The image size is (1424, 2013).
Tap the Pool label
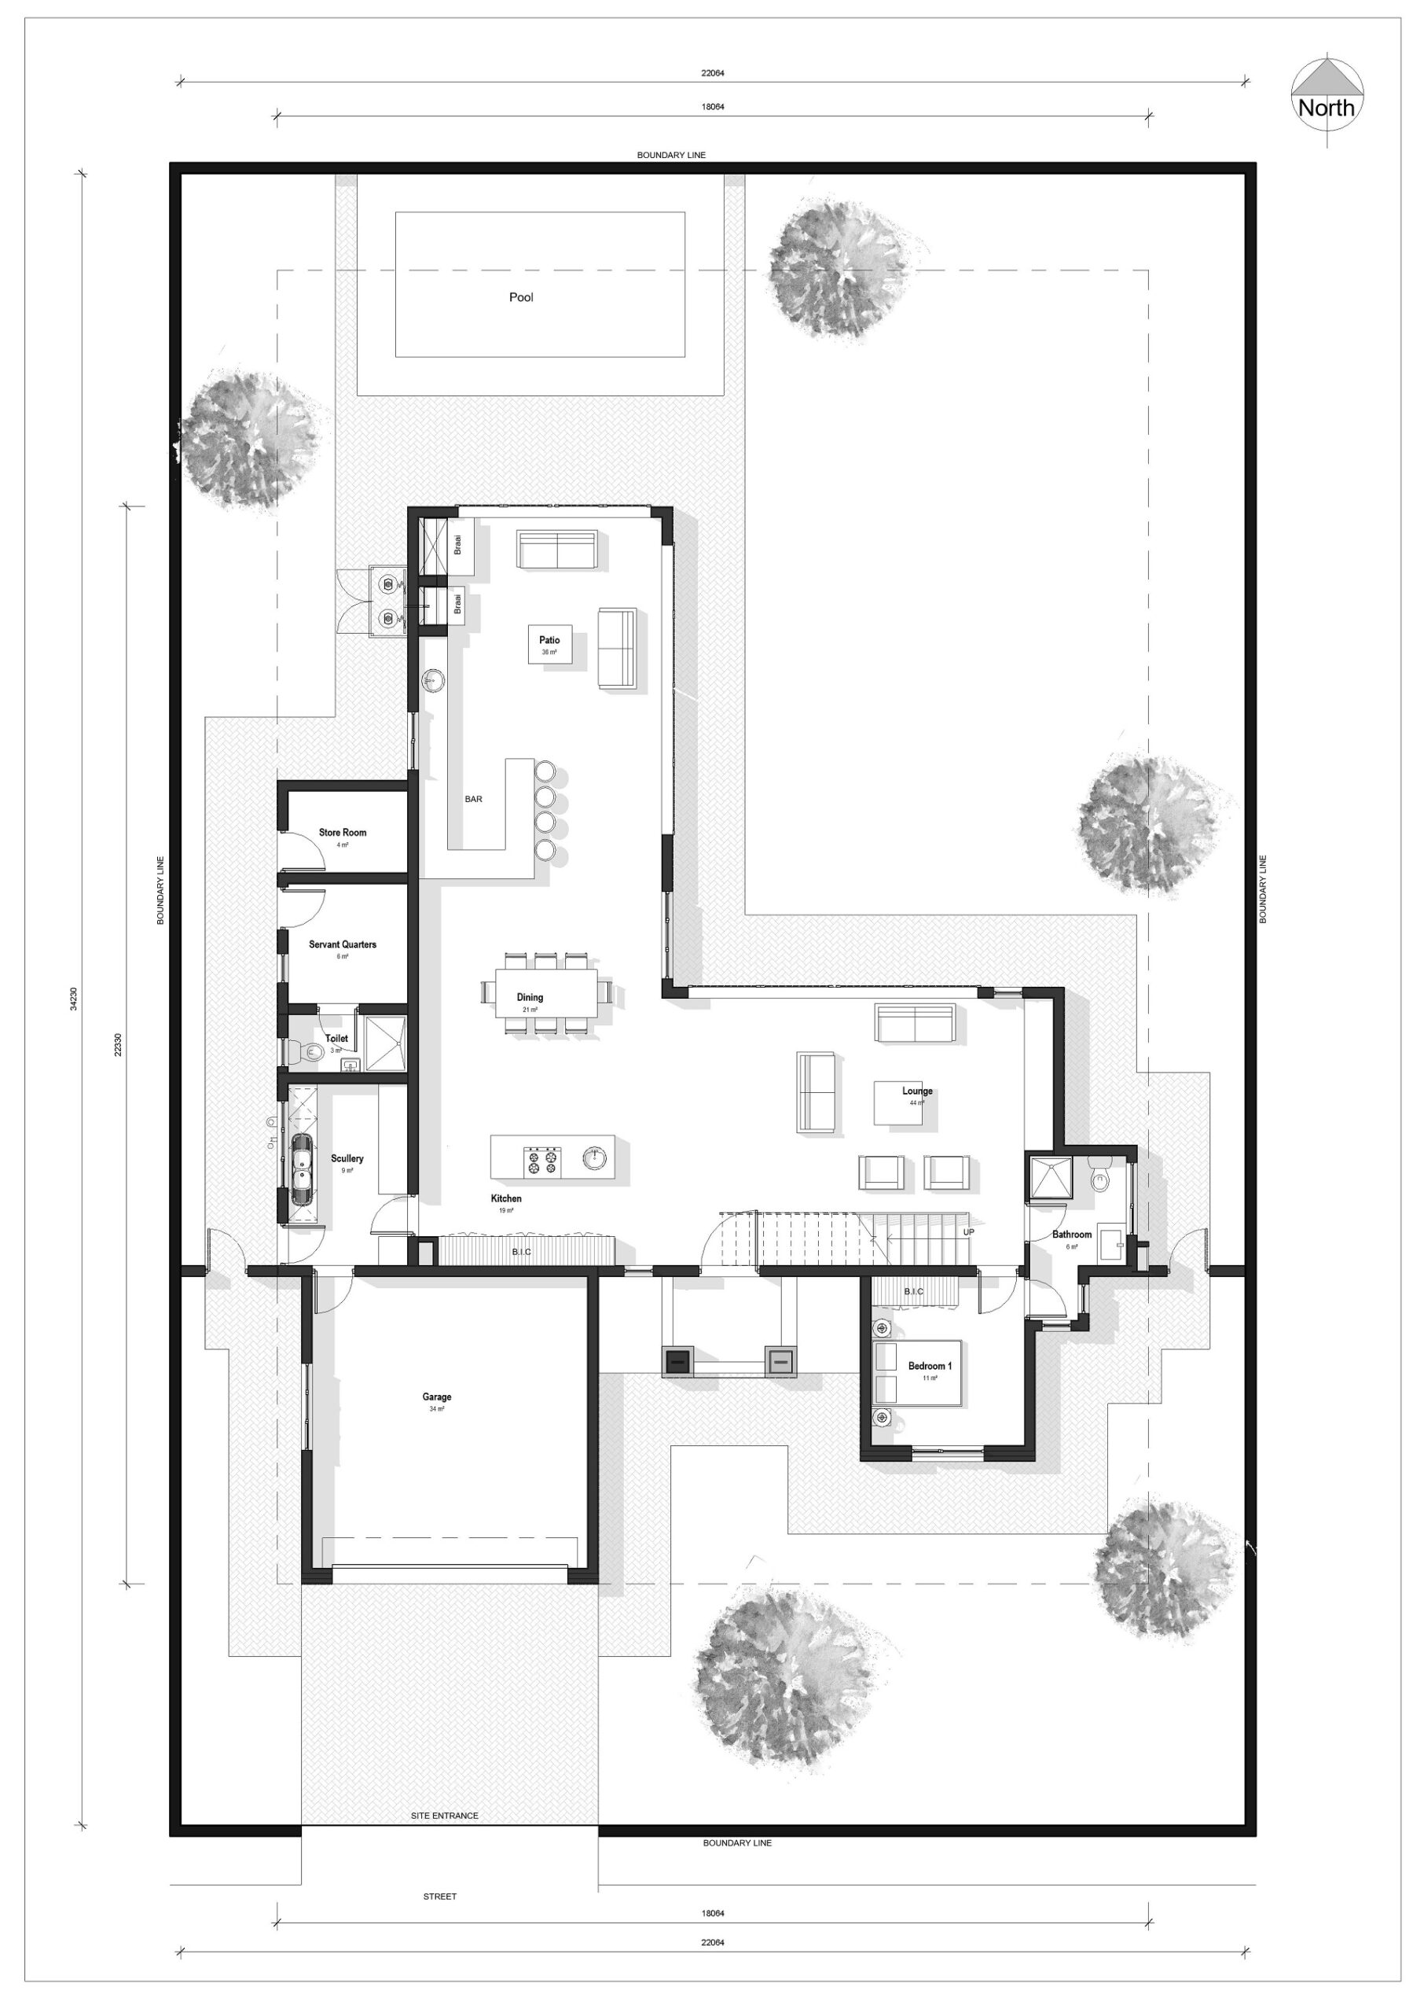pos(521,297)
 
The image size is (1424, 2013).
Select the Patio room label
pos(550,640)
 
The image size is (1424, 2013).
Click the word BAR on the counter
pos(474,799)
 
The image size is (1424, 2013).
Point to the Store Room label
pos(343,833)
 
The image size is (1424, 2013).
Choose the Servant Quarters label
pos(343,944)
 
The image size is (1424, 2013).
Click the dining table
pos(545,992)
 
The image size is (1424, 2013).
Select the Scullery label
pos(347,1159)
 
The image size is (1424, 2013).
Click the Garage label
pos(437,1397)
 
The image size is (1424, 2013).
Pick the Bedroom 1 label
pos(930,1367)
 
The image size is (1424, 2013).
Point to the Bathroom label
pos(1071,1235)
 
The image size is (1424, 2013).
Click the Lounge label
pos(917,1091)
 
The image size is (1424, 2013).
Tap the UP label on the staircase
pos(968,1232)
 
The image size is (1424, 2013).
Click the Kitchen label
pos(506,1199)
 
